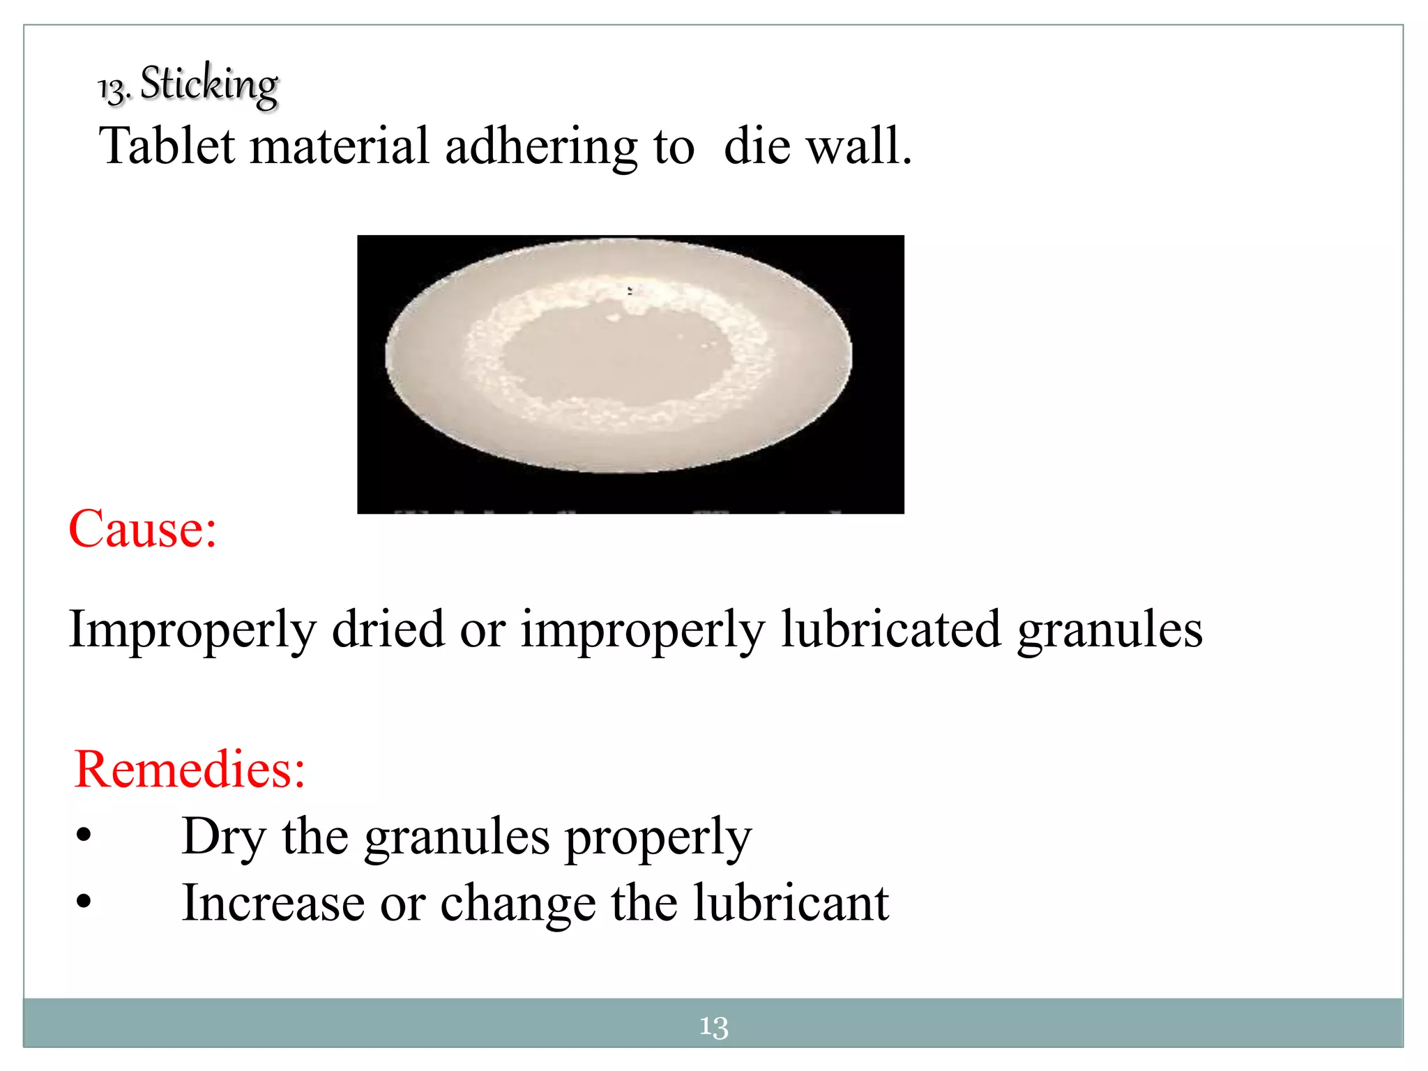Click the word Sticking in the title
pyautogui.click(x=209, y=85)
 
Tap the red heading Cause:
pyautogui.click(x=143, y=529)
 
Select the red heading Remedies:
pyautogui.click(x=190, y=769)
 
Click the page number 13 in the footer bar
pyautogui.click(x=713, y=1026)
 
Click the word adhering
pyautogui.click(x=540, y=147)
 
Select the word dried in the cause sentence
pyautogui.click(x=388, y=629)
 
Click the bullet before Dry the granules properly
pyautogui.click(x=84, y=835)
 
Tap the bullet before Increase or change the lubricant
pyautogui.click(x=84, y=902)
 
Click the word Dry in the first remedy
pyautogui.click(x=223, y=837)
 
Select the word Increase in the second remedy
pyautogui.click(x=273, y=902)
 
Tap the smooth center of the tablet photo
pyautogui.click(x=614, y=363)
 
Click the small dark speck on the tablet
pyautogui.click(x=630, y=290)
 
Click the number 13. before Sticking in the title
pyautogui.click(x=114, y=89)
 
